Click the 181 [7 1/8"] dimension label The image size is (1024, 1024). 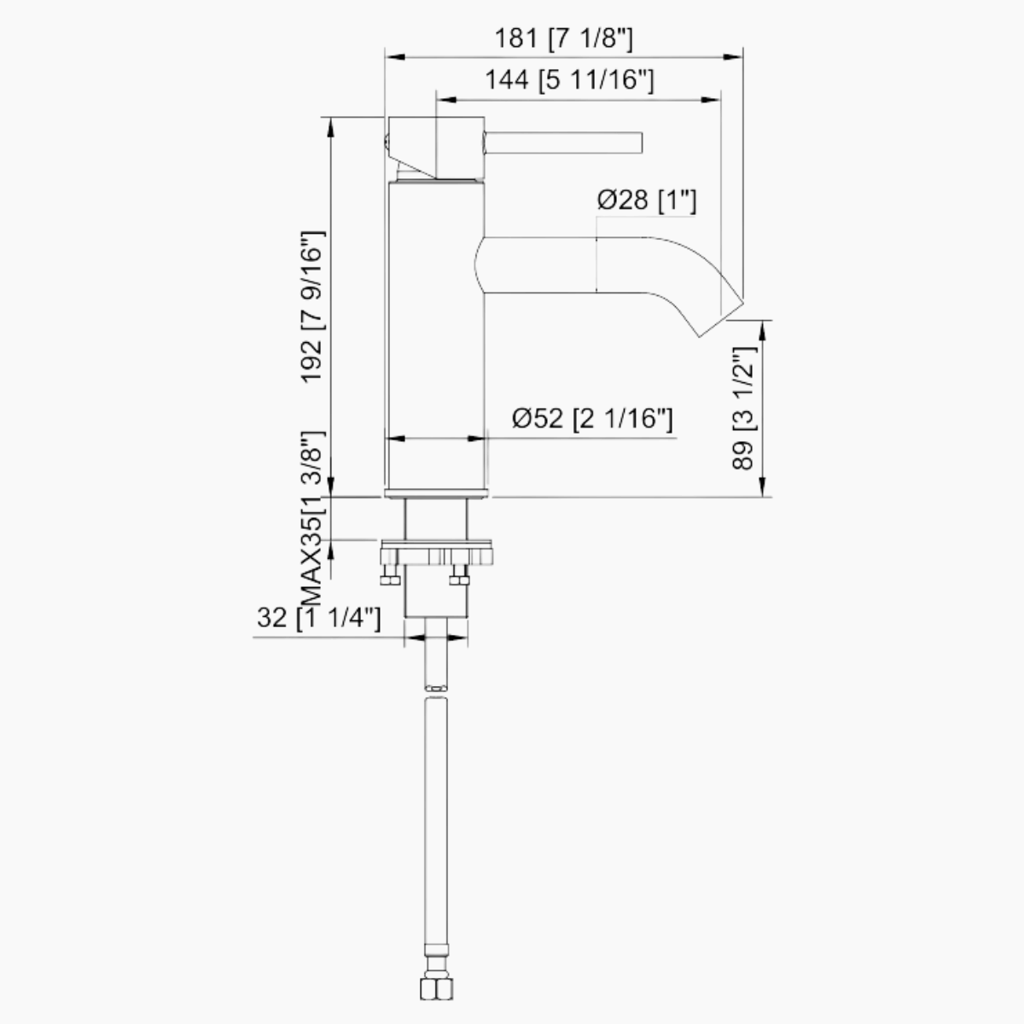tap(564, 38)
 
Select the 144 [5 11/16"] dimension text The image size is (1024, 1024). tap(569, 80)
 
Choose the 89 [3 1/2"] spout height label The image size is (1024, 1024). tap(744, 408)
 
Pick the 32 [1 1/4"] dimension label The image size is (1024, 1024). tap(318, 618)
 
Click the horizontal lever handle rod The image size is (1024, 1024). tap(563, 143)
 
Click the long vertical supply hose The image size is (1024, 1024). tap(435, 811)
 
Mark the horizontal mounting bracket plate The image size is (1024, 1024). tap(437, 549)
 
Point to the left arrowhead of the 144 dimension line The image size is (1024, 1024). tap(442, 99)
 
